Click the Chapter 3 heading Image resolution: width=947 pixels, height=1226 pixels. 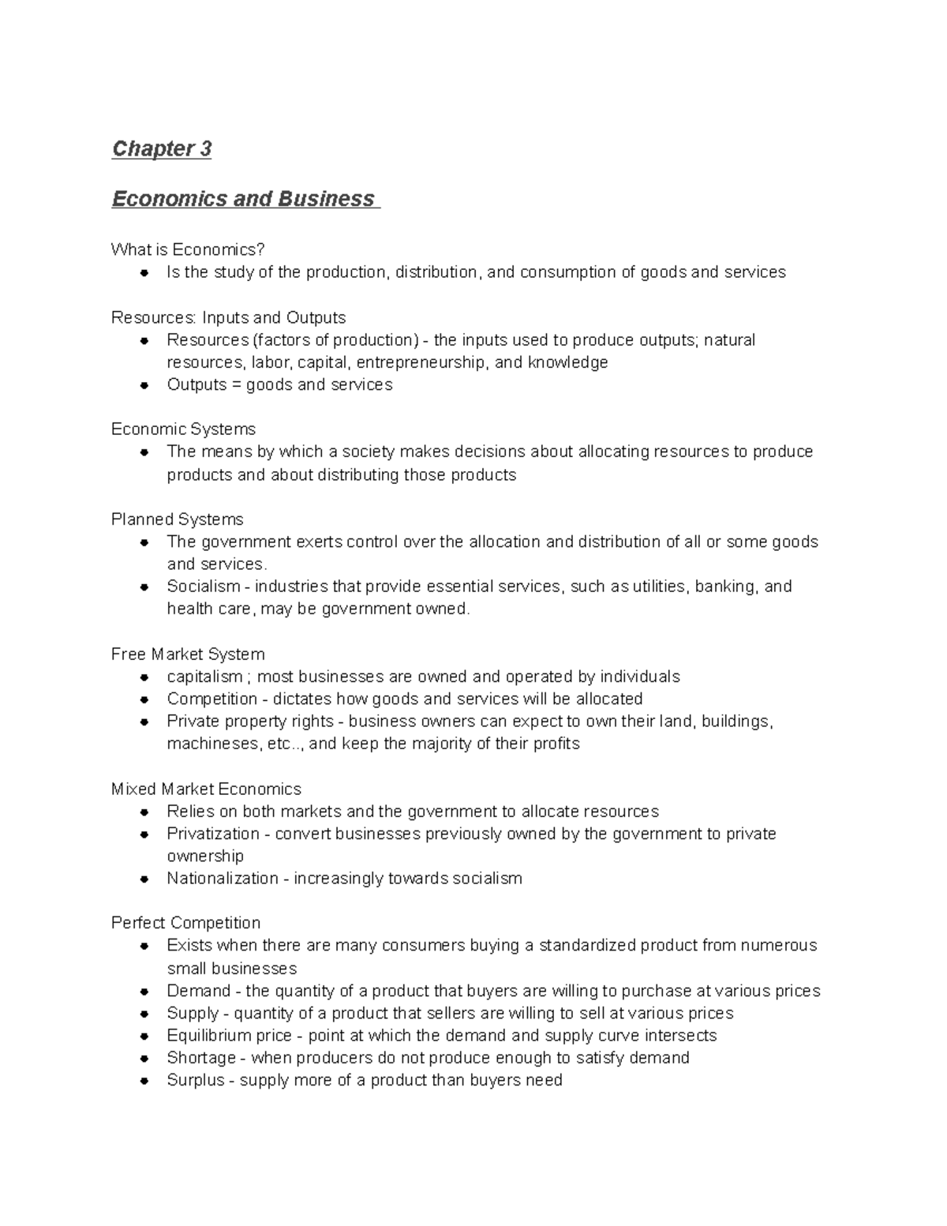click(162, 148)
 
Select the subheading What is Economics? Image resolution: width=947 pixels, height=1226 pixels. click(188, 249)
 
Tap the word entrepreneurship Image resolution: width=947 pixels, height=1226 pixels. click(421, 362)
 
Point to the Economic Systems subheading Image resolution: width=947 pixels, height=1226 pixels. click(183, 429)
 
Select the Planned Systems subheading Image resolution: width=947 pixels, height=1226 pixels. click(177, 519)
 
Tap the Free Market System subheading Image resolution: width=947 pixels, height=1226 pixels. click(188, 654)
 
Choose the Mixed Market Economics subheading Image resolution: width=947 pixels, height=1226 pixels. click(206, 789)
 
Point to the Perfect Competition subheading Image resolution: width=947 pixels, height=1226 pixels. click(185, 923)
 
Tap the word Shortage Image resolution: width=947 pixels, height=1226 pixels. click(201, 1058)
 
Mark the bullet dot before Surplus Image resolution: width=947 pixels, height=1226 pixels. click(144, 1081)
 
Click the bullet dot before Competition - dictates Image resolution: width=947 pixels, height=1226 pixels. click(144, 699)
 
